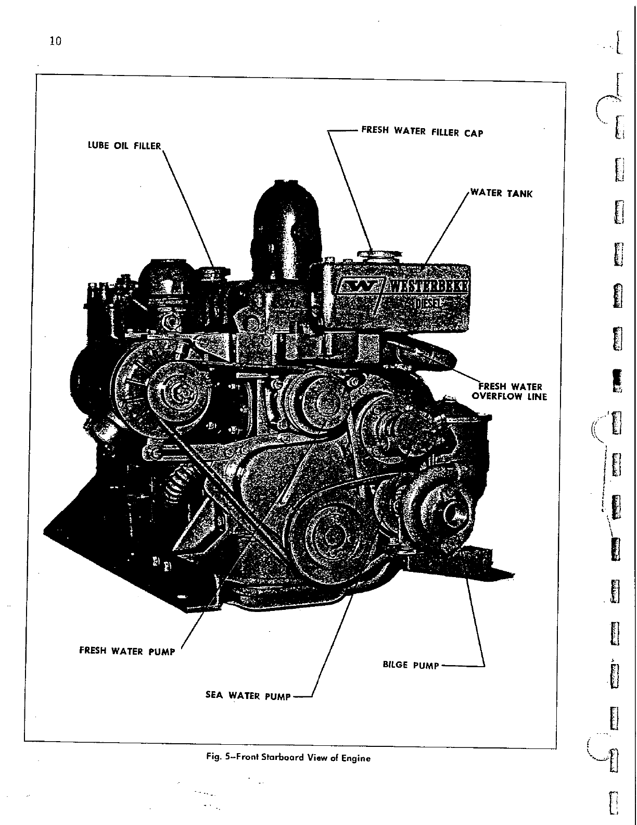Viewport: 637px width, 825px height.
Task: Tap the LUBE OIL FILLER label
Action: [124, 146]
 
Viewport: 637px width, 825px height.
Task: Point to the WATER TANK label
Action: [501, 194]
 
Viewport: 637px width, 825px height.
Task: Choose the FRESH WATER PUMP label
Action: [127, 651]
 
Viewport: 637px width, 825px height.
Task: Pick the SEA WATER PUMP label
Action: [248, 696]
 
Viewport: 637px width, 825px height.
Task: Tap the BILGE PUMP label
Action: [411, 665]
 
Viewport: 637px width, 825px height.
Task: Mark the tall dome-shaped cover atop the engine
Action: [285, 219]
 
